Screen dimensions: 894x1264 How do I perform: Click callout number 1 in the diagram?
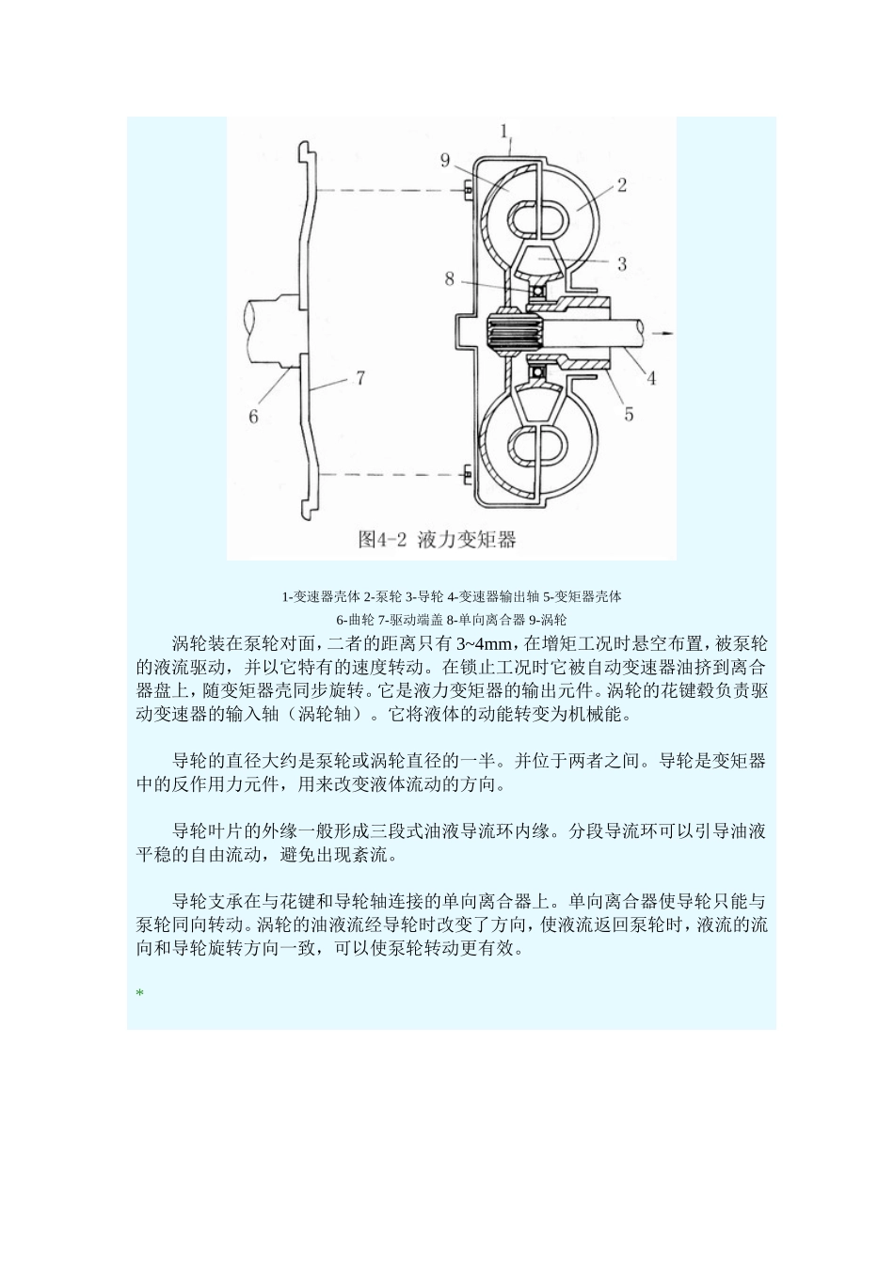point(505,130)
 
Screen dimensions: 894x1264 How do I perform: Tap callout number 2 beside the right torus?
point(621,185)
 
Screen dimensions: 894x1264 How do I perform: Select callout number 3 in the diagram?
point(622,264)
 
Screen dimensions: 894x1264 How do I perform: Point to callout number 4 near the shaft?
point(649,379)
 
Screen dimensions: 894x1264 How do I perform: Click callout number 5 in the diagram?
point(628,412)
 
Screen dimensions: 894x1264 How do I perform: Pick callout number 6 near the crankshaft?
point(253,415)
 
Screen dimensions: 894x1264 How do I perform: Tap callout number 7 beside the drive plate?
point(359,378)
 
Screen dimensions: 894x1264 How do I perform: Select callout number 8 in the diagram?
point(450,278)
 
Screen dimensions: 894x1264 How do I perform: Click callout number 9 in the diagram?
point(445,160)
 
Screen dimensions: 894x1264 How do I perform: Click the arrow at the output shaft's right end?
point(665,331)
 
